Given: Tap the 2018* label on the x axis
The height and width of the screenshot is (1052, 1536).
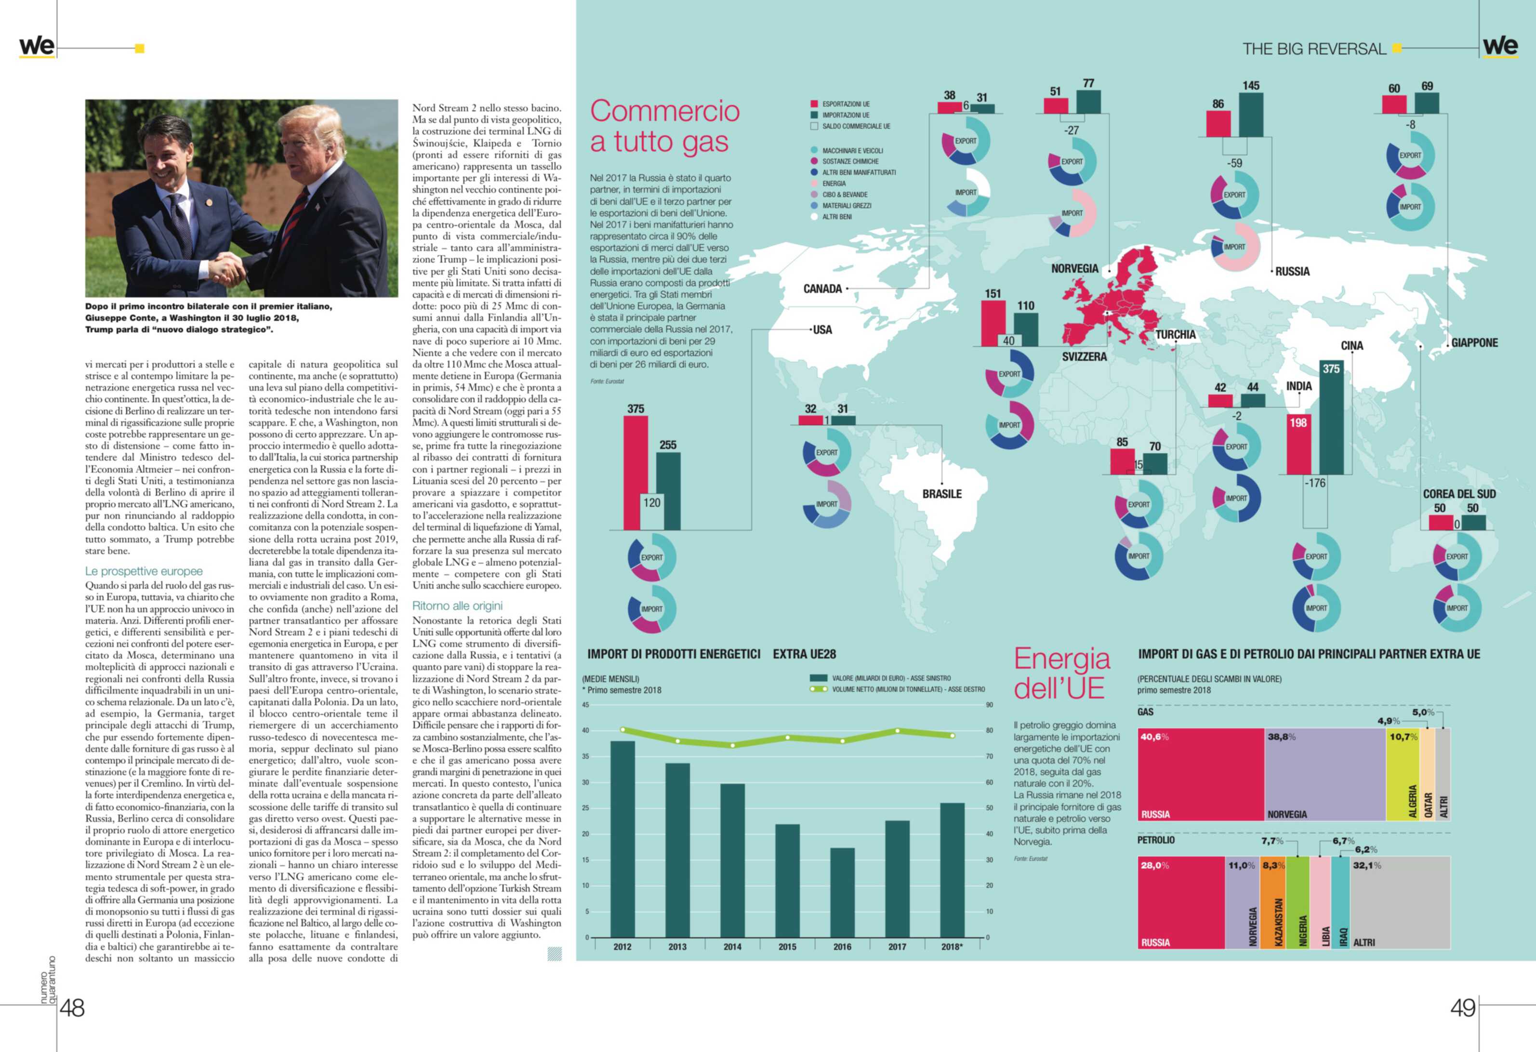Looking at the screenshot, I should coord(952,947).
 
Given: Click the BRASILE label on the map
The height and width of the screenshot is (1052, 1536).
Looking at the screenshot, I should coord(942,494).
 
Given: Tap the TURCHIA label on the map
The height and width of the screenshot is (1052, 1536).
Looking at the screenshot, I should coord(1175,334).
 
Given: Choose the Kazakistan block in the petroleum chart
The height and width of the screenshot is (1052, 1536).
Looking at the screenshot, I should coord(1273,903).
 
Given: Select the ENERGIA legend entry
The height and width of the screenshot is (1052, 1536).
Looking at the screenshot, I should coord(834,184).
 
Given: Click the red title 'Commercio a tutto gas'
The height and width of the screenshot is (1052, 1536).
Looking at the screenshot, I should coord(664,126).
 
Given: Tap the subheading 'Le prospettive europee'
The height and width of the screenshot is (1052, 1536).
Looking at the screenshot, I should coord(144,571).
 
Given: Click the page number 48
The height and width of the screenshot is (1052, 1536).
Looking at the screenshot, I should coord(72,1008).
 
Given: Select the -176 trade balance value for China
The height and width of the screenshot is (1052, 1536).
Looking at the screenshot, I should coord(1314,483).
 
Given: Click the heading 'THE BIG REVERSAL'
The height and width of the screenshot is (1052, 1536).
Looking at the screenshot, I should coord(1313,49).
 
